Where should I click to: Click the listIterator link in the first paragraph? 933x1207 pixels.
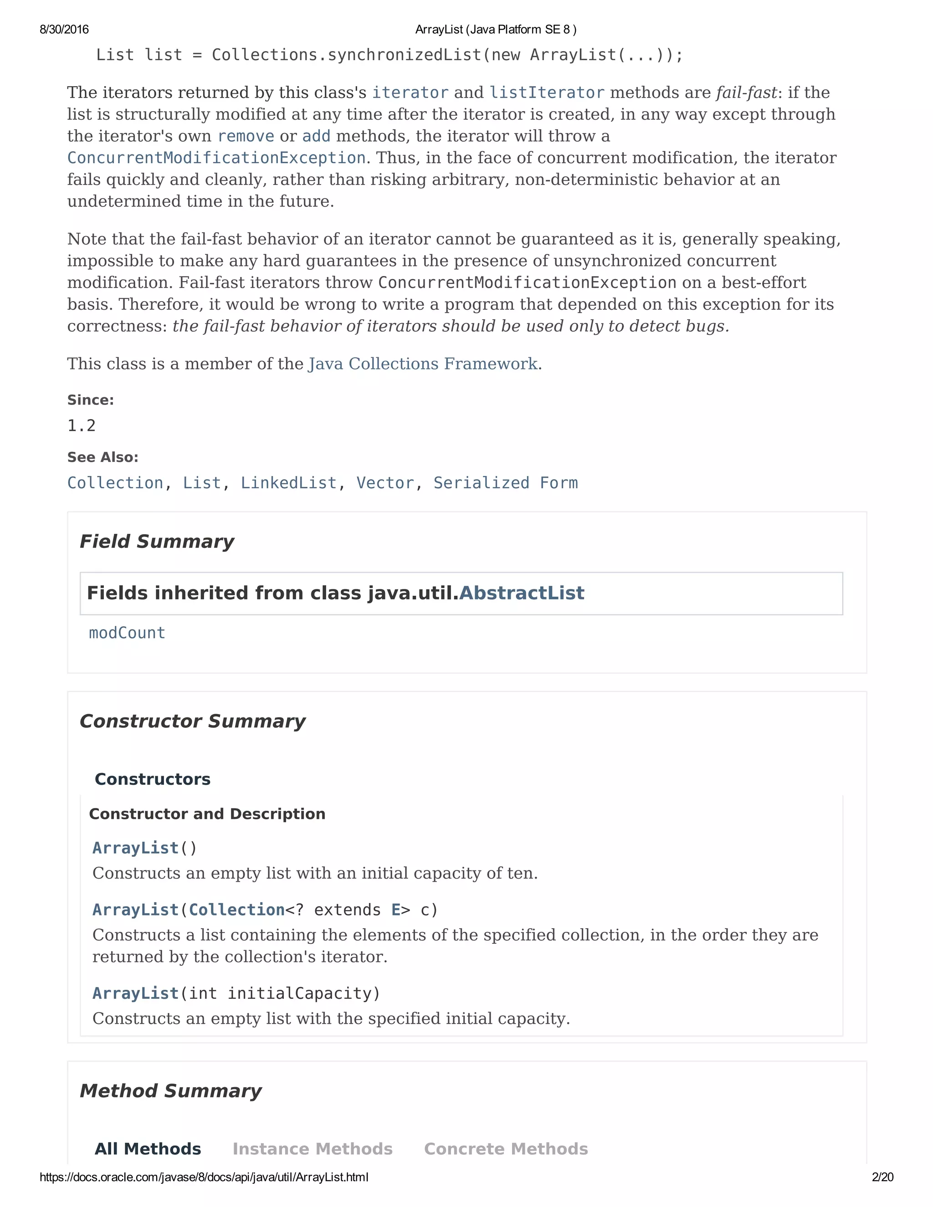pos(547,93)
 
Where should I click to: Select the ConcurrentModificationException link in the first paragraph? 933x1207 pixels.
pos(216,158)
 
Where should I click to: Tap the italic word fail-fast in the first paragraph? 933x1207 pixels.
pos(746,93)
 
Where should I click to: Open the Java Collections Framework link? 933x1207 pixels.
pos(423,364)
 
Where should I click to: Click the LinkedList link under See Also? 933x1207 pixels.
pos(288,483)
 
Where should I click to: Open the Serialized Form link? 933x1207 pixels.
pos(505,483)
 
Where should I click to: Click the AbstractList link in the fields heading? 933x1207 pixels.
pos(521,593)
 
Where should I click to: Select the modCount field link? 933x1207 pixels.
pos(127,633)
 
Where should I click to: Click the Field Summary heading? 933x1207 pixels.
pos(157,542)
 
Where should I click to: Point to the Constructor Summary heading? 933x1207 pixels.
pos(192,721)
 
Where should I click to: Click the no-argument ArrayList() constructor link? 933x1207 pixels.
pos(135,848)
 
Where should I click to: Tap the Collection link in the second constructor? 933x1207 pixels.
pos(236,910)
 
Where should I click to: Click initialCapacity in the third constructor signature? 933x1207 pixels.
pos(303,993)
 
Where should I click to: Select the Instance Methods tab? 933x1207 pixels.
pos(312,1149)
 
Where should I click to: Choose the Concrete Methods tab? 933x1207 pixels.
pos(506,1149)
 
